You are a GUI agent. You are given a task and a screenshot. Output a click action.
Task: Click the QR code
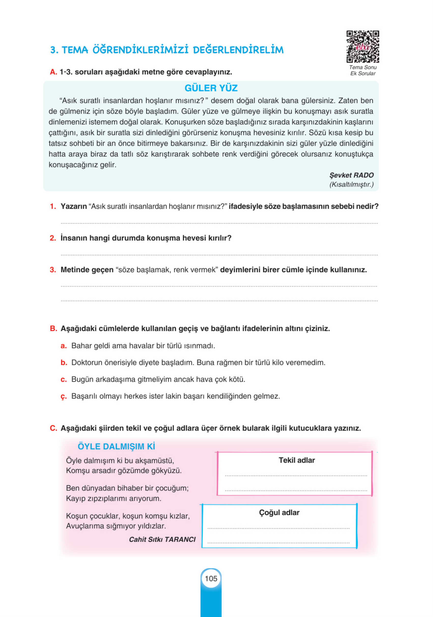point(362,47)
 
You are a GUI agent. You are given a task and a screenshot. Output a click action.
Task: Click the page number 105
point(211,579)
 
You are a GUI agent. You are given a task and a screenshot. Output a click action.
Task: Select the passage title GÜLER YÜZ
point(211,88)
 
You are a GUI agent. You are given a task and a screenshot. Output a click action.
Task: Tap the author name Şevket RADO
point(351,175)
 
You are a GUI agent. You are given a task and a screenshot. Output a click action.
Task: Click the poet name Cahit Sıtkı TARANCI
point(162,539)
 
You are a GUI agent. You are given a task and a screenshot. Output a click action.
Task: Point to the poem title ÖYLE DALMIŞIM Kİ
point(116,447)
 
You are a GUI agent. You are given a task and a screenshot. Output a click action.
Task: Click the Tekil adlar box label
point(297,460)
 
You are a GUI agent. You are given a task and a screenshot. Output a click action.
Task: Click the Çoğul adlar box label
point(279,512)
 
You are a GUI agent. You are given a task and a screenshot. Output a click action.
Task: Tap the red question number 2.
point(53,238)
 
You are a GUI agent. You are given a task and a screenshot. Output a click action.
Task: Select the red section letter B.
point(53,329)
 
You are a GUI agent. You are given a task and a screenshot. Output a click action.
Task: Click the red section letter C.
point(53,428)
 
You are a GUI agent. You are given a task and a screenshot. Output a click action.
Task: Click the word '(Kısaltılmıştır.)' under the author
point(351,185)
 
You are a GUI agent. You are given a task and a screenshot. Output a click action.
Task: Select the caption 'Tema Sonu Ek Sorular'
point(362,71)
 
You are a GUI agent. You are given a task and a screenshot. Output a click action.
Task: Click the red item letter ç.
point(63,397)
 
